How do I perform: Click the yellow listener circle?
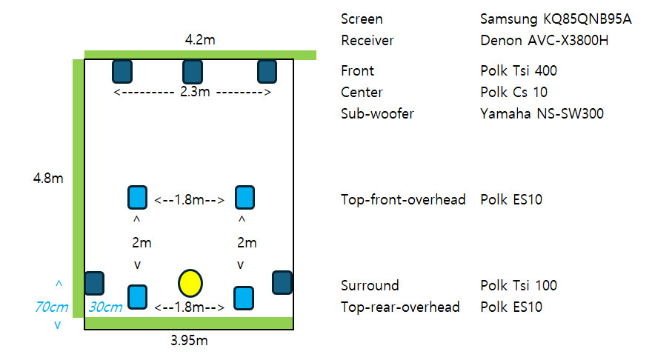pos(190,282)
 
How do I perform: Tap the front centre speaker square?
pos(193,72)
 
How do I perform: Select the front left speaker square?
pos(122,72)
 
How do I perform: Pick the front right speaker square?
pos(267,72)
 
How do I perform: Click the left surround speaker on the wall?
pos(94,283)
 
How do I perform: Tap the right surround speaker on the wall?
pos(282,282)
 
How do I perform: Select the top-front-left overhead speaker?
pos(138,198)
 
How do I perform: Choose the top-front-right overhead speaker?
pos(244,198)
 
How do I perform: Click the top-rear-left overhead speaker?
pos(138,296)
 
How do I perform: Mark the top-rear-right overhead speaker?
pos(244,298)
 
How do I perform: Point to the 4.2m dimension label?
pos(200,40)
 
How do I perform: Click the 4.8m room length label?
pos(48,179)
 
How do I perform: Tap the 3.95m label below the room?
pos(189,341)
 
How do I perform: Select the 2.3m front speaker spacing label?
pos(193,93)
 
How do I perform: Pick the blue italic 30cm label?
pos(105,306)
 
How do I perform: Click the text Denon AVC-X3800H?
pos(544,41)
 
